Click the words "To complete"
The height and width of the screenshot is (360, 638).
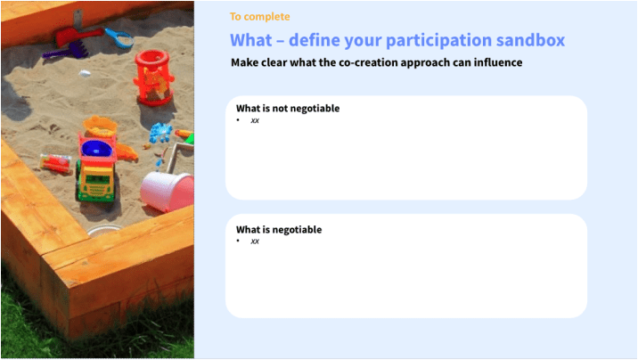point(259,17)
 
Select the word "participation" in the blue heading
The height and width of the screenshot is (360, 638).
point(438,41)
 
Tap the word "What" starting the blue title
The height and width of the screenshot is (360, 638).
point(250,40)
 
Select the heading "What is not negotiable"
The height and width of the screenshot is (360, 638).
point(288,108)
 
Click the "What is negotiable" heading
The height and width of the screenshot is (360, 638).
point(279,229)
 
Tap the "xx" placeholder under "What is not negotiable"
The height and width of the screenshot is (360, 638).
point(255,120)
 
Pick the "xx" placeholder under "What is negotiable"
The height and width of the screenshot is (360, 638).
point(255,241)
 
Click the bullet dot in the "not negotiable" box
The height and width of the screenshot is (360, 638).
point(238,119)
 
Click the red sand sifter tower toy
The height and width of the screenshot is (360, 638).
point(153,78)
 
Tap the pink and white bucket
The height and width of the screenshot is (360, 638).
point(168,192)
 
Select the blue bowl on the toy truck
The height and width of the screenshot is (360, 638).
point(96,149)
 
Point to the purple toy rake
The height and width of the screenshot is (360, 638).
point(66,52)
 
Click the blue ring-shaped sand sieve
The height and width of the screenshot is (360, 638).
point(119,38)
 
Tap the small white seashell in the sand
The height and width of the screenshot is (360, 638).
point(85,74)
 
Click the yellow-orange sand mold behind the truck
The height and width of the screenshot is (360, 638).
point(100,127)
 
